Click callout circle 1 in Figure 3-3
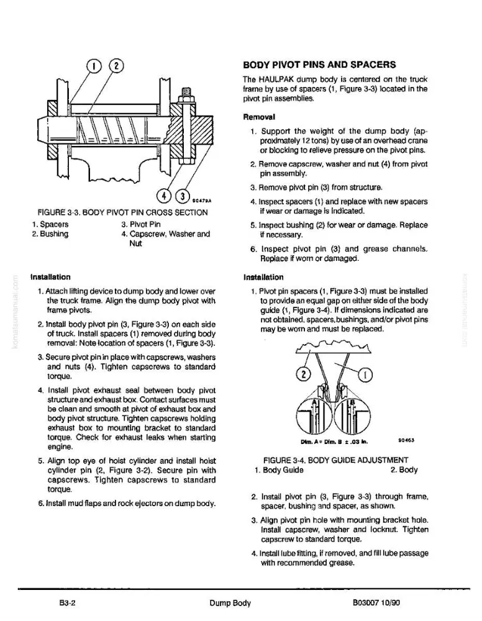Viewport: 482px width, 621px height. click(94, 66)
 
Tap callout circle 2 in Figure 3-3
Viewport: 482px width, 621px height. click(116, 66)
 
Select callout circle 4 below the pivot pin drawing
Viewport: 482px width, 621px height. click(164, 196)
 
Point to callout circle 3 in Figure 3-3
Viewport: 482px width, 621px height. click(183, 196)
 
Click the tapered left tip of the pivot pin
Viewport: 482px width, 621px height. click(42, 130)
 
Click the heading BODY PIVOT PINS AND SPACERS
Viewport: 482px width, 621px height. click(319, 65)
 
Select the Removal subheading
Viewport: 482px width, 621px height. click(259, 117)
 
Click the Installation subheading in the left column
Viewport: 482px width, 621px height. click(50, 277)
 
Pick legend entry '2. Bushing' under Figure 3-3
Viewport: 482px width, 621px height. click(50, 233)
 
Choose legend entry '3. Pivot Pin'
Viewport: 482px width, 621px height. click(141, 224)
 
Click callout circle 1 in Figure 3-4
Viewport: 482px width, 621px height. click(366, 374)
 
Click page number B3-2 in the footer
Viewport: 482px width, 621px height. click(67, 603)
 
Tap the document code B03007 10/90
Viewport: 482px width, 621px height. click(376, 603)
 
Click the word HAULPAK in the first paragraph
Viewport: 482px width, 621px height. click(276, 79)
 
